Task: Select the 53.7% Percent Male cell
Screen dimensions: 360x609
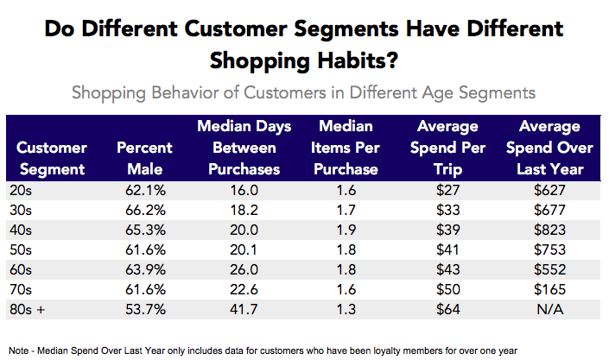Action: pyautogui.click(x=144, y=308)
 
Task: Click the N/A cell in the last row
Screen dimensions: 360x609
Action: pyautogui.click(x=549, y=308)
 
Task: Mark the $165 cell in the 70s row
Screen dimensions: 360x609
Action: pyautogui.click(x=549, y=289)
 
